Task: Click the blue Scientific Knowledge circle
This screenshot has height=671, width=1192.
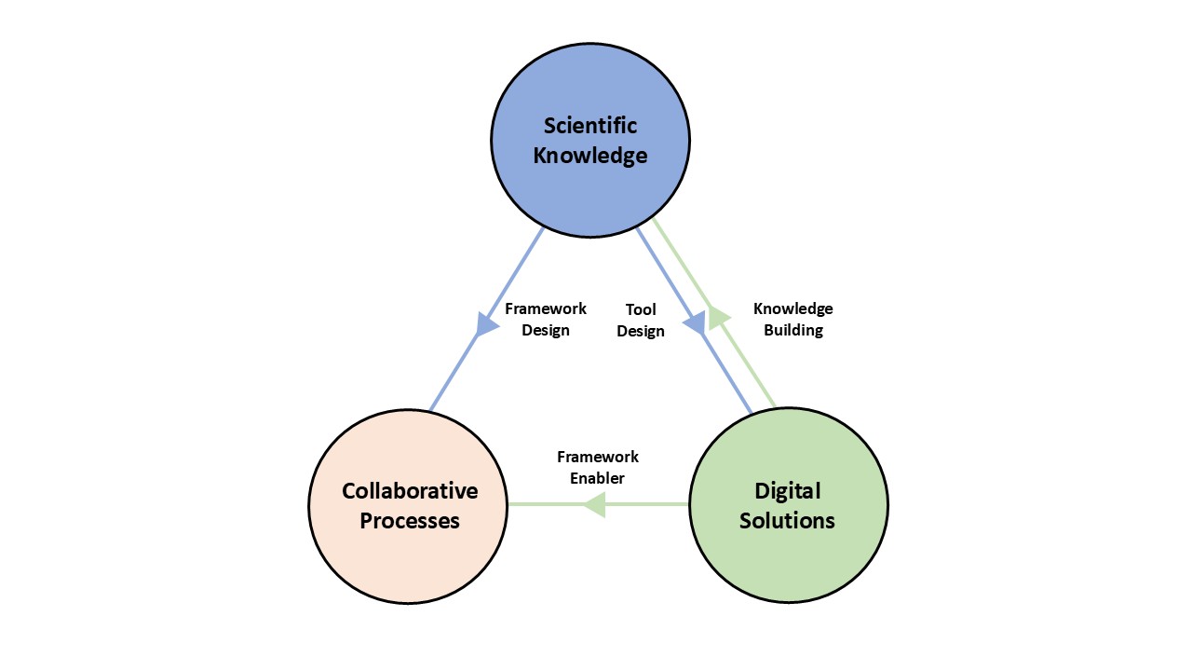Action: [590, 186]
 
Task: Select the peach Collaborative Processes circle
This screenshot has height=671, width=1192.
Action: [407, 559]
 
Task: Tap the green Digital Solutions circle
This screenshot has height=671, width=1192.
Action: [788, 559]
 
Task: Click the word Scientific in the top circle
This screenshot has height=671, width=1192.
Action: [590, 125]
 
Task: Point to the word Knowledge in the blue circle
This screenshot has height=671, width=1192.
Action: [590, 155]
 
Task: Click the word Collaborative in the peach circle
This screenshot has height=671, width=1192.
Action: [410, 490]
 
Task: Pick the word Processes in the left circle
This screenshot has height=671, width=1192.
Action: [410, 520]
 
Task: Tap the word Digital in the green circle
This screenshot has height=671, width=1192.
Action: [787, 490]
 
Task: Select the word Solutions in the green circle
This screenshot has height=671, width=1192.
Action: [787, 520]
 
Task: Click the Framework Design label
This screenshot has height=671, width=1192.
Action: [546, 320]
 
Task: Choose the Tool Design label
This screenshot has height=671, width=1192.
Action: [641, 320]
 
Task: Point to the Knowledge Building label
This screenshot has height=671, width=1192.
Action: [793, 320]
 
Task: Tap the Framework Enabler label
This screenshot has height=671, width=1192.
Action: [598, 467]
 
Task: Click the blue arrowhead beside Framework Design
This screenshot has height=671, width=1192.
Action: [486, 322]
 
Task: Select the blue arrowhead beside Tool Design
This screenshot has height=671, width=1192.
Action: [695, 322]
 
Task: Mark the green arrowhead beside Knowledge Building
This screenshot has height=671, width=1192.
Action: [718, 316]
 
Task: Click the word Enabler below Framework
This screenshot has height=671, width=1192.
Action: [598, 478]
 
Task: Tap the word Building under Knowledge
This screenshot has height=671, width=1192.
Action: [793, 330]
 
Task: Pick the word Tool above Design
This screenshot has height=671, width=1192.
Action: [641, 309]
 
